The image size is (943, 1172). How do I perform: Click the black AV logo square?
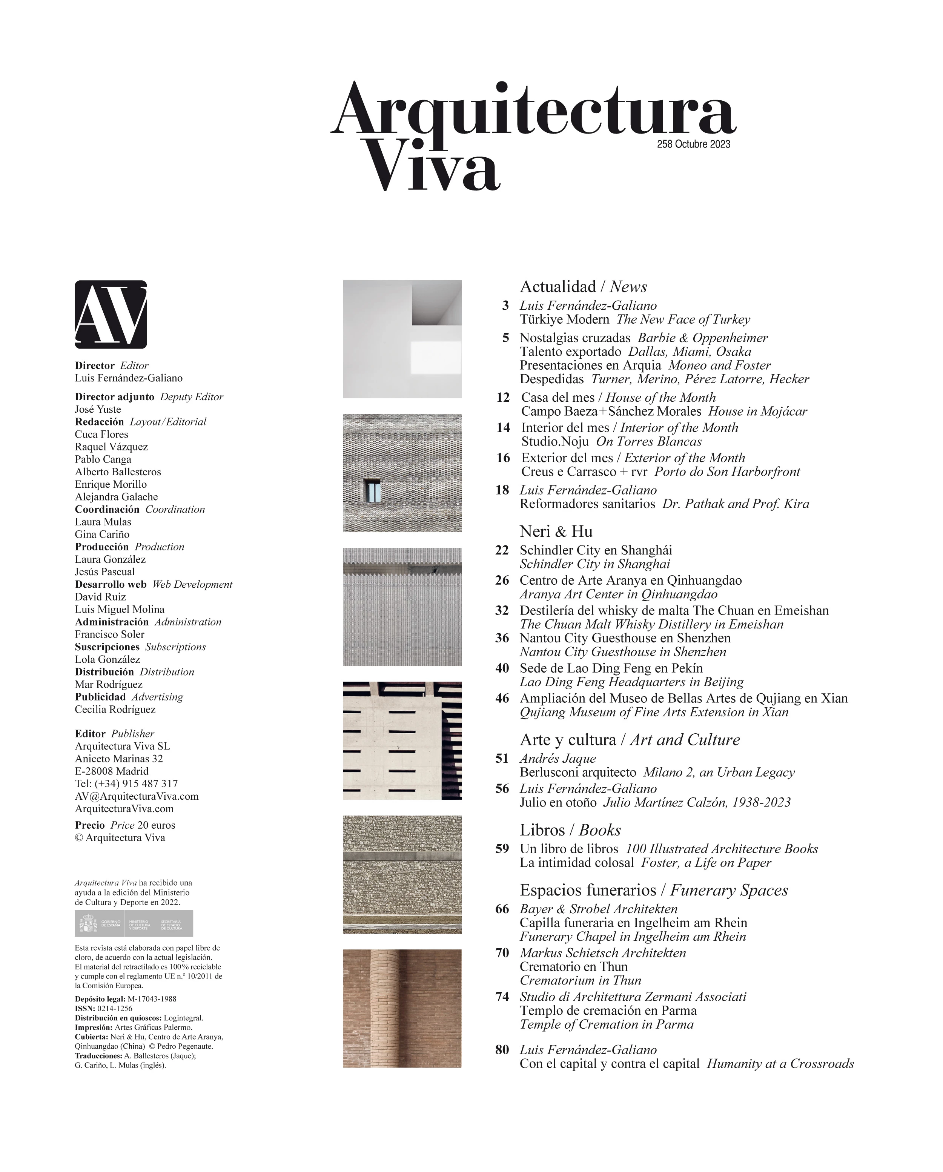(x=111, y=314)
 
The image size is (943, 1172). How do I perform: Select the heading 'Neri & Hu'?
(x=556, y=531)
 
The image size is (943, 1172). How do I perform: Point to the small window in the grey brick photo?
(x=373, y=490)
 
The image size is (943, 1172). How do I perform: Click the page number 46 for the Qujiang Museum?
(x=502, y=699)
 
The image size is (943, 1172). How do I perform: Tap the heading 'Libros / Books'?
(x=570, y=830)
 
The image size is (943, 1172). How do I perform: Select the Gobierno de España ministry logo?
(x=134, y=923)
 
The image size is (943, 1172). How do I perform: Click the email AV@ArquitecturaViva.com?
(x=137, y=796)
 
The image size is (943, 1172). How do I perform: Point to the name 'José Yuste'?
(x=98, y=409)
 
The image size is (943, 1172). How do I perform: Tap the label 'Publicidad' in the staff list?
(x=100, y=697)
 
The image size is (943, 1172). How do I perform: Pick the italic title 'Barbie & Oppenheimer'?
(x=702, y=338)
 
